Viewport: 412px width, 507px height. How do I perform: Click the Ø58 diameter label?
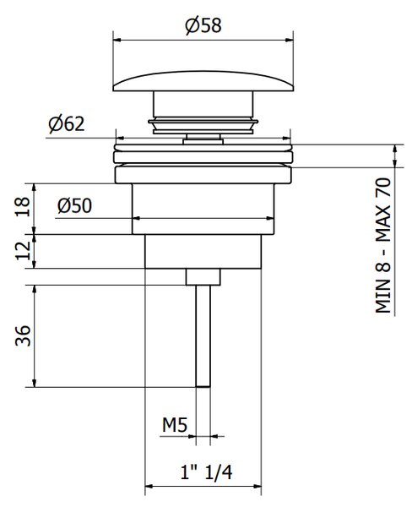coord(203,25)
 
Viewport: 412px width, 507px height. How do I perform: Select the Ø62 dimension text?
coord(67,124)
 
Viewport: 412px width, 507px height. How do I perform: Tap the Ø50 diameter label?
coord(74,205)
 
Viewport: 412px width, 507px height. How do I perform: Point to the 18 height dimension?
coord(24,206)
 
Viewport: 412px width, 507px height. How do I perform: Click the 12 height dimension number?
coord(24,250)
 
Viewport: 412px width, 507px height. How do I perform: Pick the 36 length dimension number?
coord(23,335)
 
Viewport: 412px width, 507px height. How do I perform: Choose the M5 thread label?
coord(175,424)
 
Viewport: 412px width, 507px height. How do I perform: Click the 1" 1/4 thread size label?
coord(206,472)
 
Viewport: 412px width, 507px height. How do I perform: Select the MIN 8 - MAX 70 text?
coord(383,245)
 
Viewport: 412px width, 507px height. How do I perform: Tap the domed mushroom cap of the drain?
coord(203,81)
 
